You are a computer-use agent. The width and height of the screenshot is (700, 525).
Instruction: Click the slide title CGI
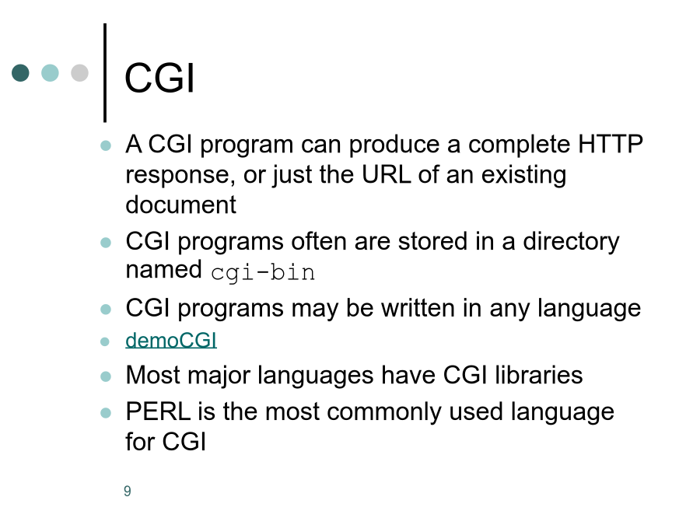[x=159, y=78]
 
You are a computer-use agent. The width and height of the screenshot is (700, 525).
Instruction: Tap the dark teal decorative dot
[x=20, y=73]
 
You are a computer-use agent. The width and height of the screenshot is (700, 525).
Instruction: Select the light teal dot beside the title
[x=50, y=73]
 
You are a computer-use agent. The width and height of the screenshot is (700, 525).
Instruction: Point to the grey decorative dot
[x=80, y=73]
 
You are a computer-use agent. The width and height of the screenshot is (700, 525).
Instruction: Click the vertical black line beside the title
[x=105, y=73]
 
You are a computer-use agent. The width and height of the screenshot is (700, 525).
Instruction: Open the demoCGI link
[x=171, y=340]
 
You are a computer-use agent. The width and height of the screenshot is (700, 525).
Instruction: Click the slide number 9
[x=128, y=491]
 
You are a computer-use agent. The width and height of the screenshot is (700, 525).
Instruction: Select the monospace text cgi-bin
[x=263, y=273]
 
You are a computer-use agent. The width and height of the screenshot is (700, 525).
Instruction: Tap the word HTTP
[x=611, y=144]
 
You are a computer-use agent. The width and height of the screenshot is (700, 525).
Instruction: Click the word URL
[x=386, y=174]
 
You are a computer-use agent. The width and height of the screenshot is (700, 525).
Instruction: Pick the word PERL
[x=158, y=411]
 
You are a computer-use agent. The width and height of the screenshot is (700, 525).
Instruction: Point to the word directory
[x=571, y=243]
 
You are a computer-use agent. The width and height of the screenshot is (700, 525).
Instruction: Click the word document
[x=180, y=205]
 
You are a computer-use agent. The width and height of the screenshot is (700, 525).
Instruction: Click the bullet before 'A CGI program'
[x=106, y=145]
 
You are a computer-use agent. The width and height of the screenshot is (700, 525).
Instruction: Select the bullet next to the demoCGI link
[x=105, y=341]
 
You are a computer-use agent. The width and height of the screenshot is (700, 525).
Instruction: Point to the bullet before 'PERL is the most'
[x=106, y=412]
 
